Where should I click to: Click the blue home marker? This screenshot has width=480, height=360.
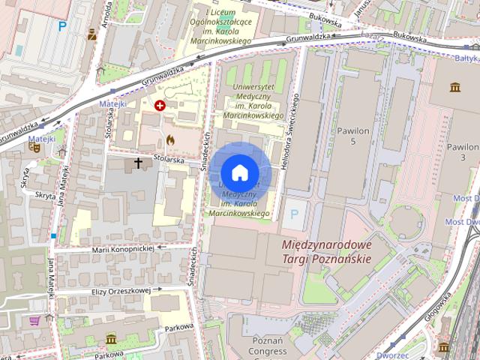[239, 172]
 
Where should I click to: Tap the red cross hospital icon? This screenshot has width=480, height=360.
[159, 106]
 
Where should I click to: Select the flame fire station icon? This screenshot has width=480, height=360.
[170, 139]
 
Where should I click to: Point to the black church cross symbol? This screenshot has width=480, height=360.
[138, 162]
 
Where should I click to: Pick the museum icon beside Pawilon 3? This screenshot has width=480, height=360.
[455, 88]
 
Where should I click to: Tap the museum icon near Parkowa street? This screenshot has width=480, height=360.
[111, 339]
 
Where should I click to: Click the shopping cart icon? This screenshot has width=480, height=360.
[34, 321]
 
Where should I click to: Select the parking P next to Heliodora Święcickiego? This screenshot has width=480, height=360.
[294, 214]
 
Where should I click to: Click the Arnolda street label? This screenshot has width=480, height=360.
[108, 13]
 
